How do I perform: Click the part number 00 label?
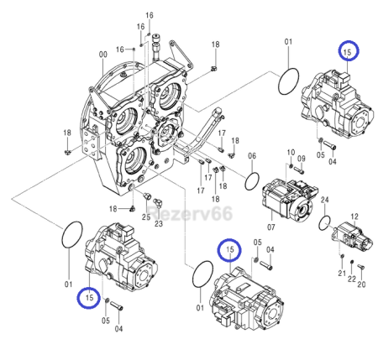(102, 55)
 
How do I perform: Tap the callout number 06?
(250, 157)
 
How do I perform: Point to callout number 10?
(291, 153)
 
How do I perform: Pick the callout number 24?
(324, 199)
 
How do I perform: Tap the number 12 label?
(354, 217)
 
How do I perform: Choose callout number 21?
(341, 274)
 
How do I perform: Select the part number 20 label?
(361, 284)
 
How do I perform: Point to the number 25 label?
(144, 217)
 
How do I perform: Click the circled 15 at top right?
(348, 51)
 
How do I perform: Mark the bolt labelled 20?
(360, 269)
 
